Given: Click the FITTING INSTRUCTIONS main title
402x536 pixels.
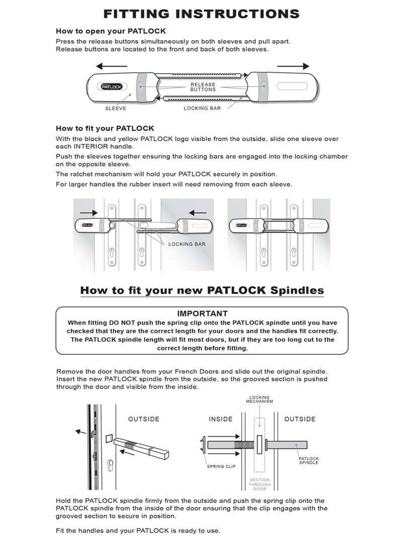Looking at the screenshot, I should click(201, 13).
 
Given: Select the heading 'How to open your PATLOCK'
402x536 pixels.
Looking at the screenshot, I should click(111, 31).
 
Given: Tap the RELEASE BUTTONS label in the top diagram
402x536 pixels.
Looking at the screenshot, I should click(203, 87).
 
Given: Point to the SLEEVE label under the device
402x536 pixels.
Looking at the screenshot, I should click(116, 108).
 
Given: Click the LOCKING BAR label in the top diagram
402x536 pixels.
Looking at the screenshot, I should click(203, 108).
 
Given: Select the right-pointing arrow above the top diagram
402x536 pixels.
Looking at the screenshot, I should click(293, 66).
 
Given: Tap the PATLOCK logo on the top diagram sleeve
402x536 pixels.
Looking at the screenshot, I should click(114, 87).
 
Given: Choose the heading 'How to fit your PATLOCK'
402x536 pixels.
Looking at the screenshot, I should click(105, 128).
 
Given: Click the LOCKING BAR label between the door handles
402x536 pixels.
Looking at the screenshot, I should click(187, 245).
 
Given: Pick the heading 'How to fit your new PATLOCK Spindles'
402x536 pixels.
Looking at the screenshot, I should click(202, 290).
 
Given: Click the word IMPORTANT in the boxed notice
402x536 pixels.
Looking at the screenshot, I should click(202, 314).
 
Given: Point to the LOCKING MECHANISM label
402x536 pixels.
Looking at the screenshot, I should click(260, 400).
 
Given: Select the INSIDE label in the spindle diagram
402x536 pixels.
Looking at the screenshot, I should click(221, 419).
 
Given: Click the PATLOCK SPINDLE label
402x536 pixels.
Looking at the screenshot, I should click(309, 461).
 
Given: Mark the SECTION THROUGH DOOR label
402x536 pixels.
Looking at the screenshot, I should click(260, 485).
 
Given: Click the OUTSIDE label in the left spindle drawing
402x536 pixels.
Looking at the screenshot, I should click(143, 419).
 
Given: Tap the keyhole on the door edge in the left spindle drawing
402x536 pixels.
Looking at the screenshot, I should click(111, 465).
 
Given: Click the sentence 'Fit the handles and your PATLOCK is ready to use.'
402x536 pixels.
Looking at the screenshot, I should click(138, 530).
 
